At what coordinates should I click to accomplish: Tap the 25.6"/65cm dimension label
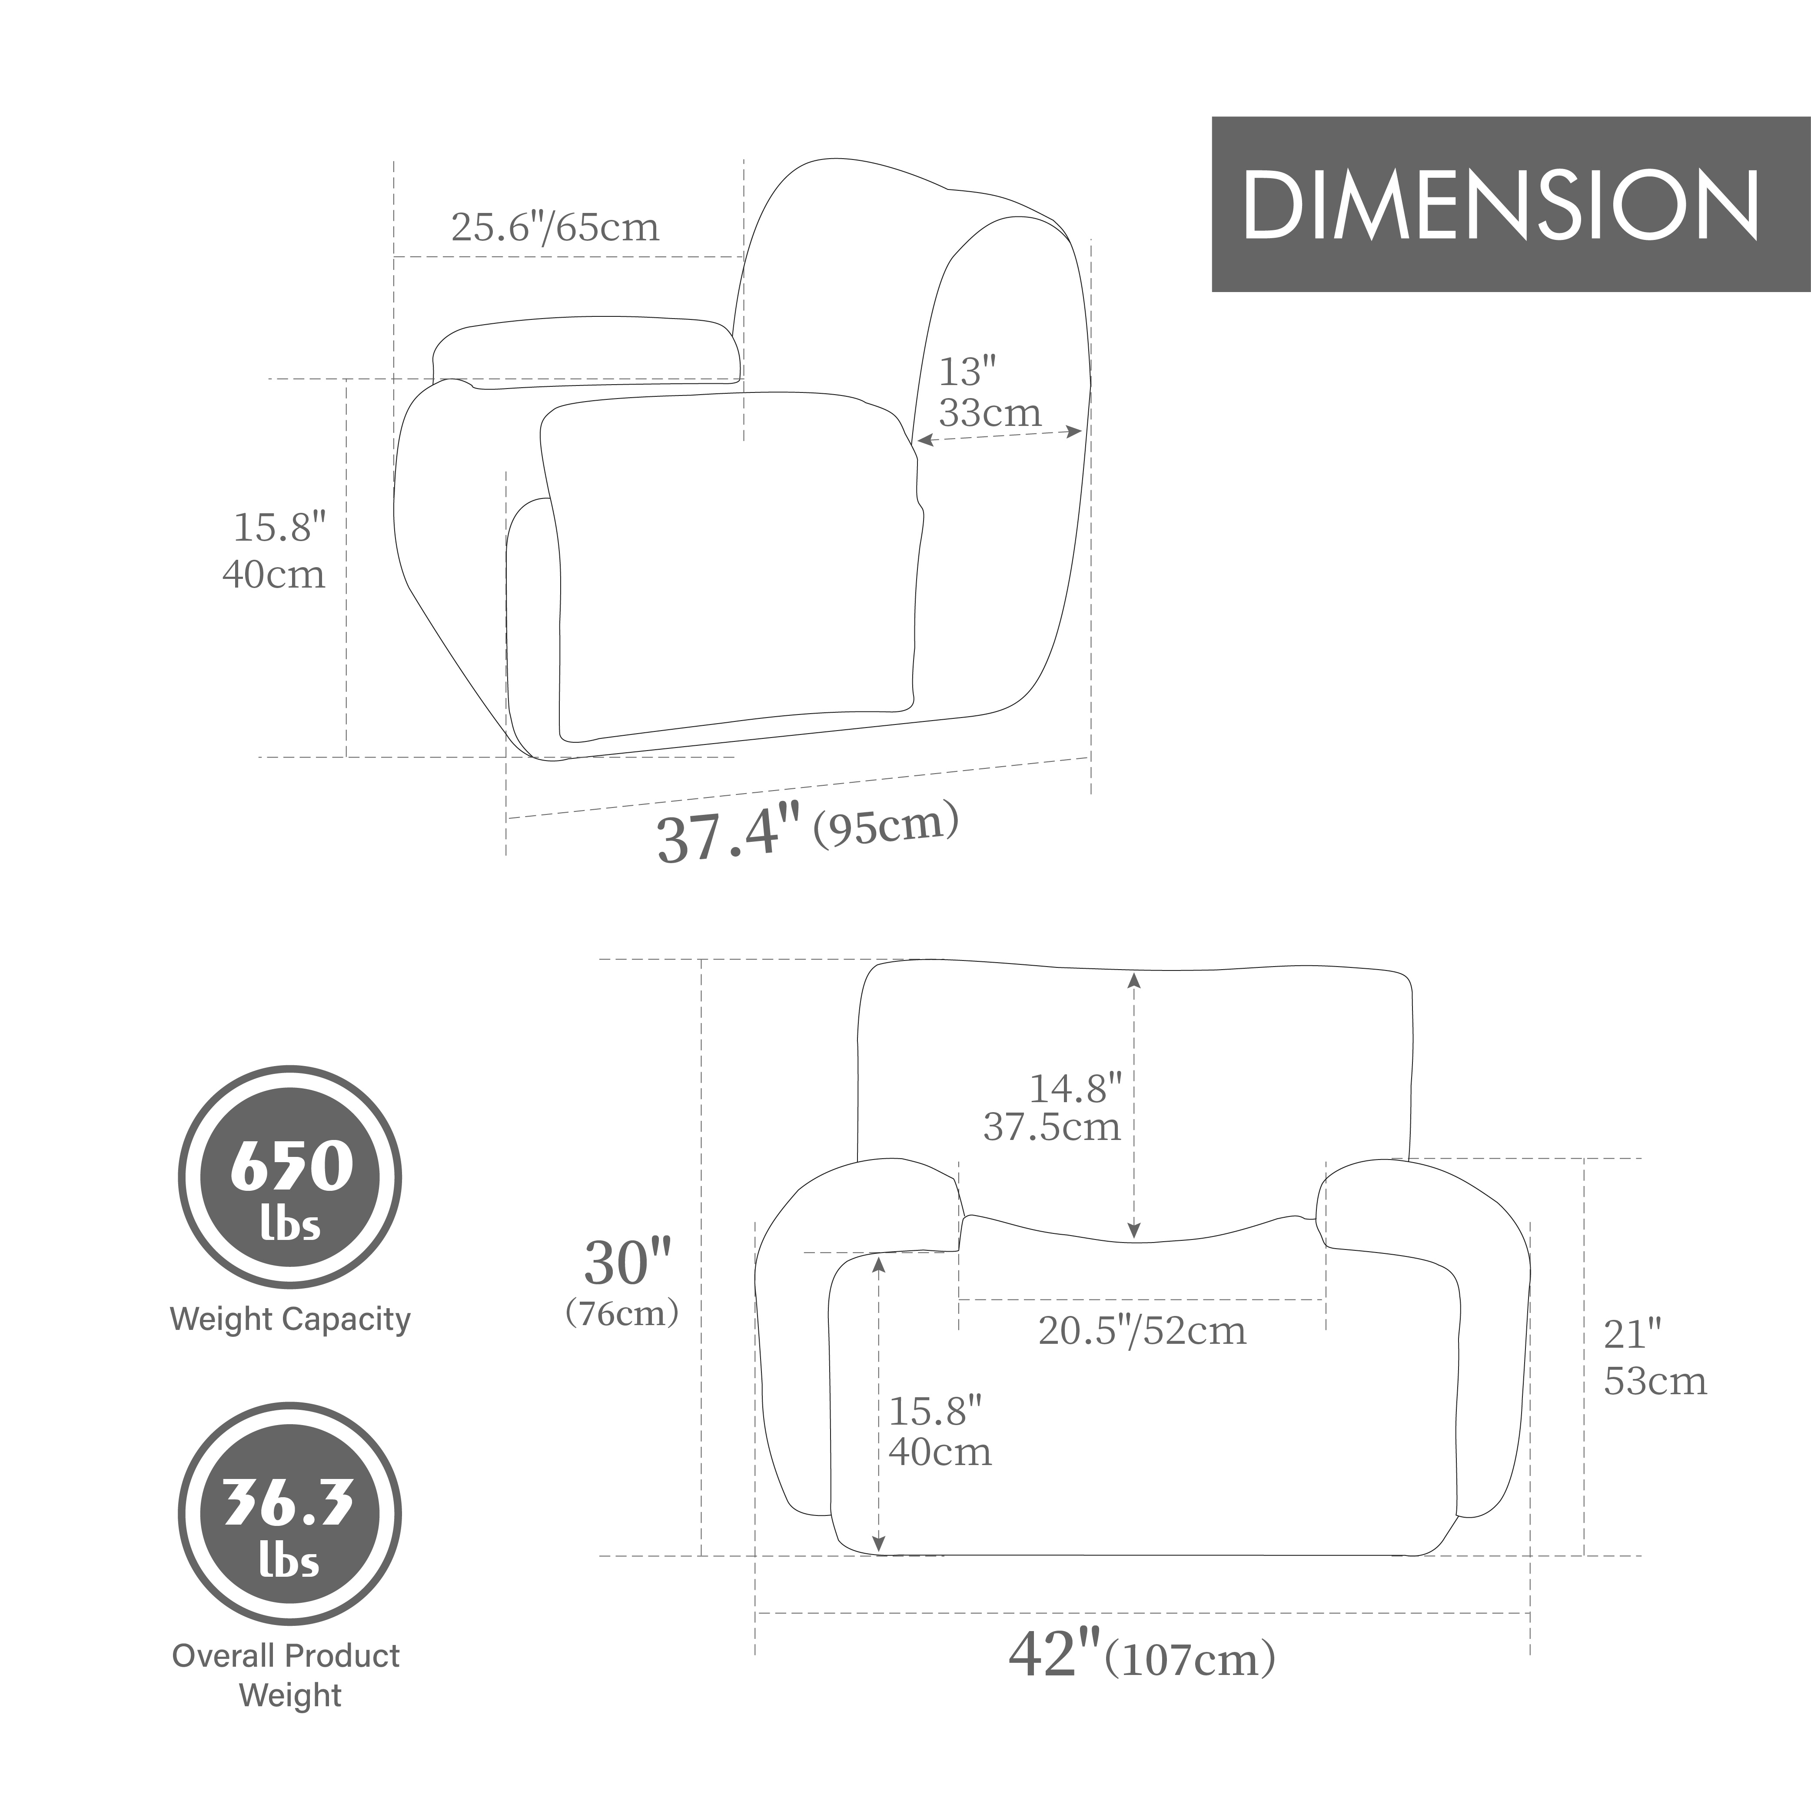555,227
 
